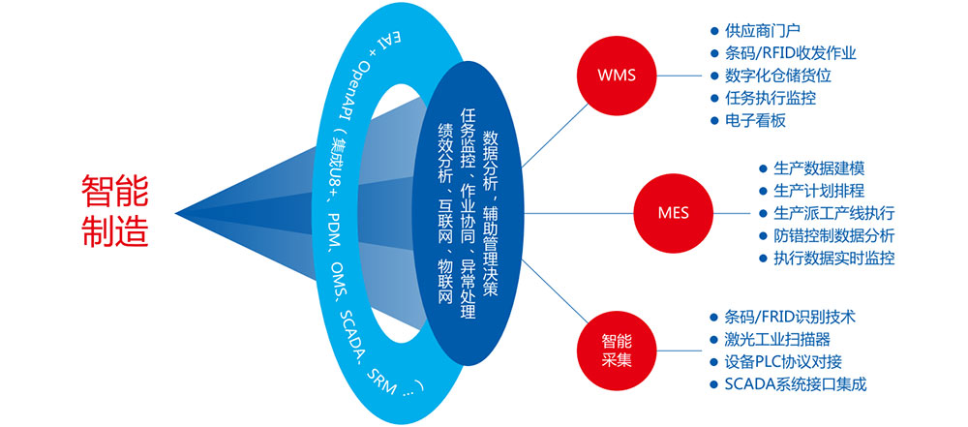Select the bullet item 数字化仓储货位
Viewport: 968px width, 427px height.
click(778, 76)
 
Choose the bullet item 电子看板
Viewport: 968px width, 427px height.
click(755, 120)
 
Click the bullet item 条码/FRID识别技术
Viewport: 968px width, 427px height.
click(782, 317)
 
